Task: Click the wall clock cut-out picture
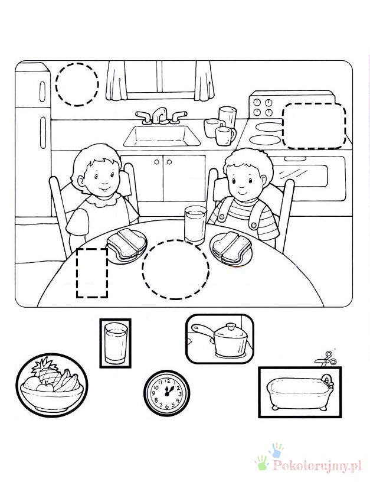coord(166,393)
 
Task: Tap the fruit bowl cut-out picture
coord(51,385)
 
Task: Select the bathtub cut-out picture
coord(300,392)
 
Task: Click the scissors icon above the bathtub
coord(326,359)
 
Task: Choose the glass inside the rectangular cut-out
coord(116,343)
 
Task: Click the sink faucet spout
coord(159,115)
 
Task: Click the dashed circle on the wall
coord(77,84)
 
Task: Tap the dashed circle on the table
coord(175,269)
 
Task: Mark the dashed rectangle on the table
coord(92,273)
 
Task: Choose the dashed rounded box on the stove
coord(314,126)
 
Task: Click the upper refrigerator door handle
coord(42,92)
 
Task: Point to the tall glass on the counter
coord(228,117)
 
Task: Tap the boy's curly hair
coord(248,162)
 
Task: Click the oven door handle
coord(295,159)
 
